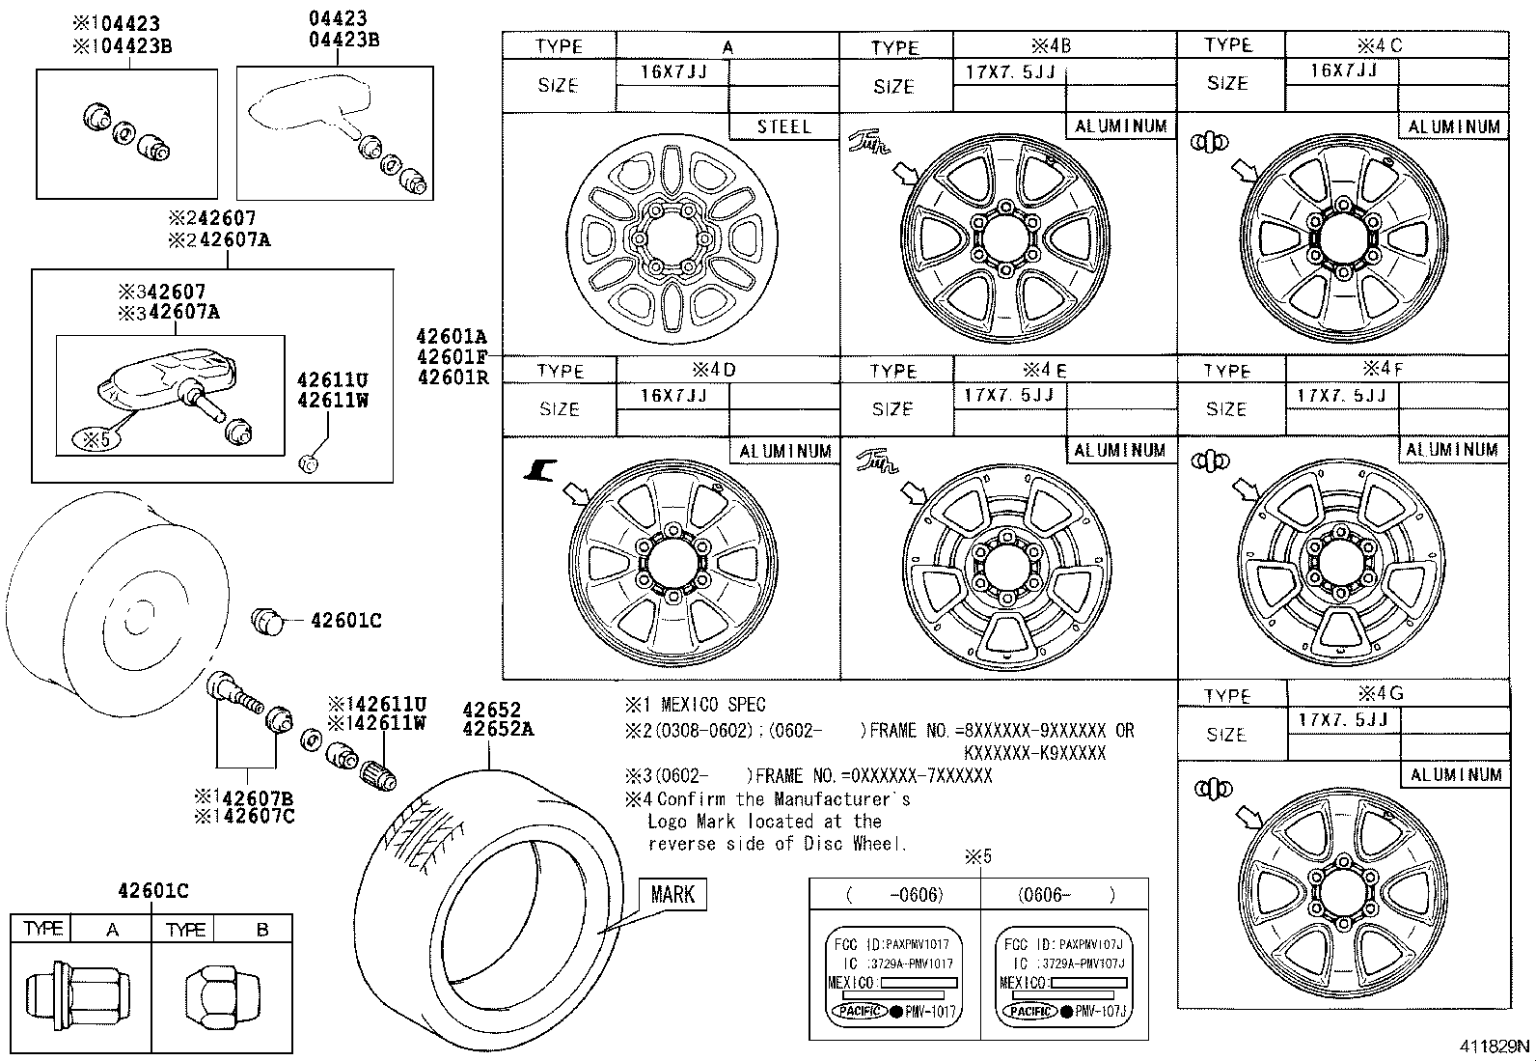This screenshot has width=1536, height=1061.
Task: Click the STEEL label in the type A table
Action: [x=783, y=126]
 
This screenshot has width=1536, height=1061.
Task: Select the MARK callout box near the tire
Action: [x=672, y=894]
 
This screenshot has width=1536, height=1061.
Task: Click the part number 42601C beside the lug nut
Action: [x=345, y=621]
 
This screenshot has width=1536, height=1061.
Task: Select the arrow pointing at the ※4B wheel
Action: [x=907, y=174]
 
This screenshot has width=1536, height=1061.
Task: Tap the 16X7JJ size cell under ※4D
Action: [x=672, y=396]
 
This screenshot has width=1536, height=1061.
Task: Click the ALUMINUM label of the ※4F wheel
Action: [x=1451, y=450]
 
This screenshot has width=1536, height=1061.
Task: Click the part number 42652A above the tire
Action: [x=497, y=729]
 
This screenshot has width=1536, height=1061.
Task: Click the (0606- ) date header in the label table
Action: [x=1064, y=894]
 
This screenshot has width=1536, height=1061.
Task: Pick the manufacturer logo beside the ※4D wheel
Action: [x=540, y=470]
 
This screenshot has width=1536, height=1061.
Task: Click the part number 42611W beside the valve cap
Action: [x=332, y=400]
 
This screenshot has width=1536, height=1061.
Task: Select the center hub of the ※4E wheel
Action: [x=1004, y=566]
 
